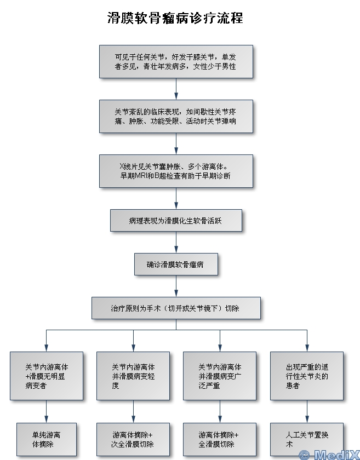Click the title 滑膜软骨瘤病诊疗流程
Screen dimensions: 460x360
tap(175, 18)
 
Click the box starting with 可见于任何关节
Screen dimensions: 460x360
tap(176, 61)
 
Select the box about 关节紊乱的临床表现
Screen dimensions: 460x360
tap(176, 116)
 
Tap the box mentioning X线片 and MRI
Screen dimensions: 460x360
tap(176, 171)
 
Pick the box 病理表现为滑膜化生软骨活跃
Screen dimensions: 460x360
tap(176, 221)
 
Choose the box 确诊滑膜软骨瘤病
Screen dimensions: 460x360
tap(176, 264)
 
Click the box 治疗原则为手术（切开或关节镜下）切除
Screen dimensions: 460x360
tap(176, 308)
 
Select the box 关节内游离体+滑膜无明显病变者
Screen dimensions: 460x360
tap(47, 376)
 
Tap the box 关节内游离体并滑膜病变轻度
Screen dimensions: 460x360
tap(133, 376)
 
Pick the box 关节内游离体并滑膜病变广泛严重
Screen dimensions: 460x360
tap(220, 376)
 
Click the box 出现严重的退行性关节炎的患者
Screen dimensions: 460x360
tap(307, 376)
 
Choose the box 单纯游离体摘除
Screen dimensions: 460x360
tap(47, 439)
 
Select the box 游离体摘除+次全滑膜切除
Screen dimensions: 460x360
tap(133, 439)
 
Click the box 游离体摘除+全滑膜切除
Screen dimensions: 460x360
tap(220, 439)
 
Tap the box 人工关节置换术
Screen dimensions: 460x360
tap(307, 439)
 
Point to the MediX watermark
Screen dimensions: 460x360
tap(328, 454)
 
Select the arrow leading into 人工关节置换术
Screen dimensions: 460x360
tap(307, 412)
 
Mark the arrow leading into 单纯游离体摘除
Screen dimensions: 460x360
tap(47, 412)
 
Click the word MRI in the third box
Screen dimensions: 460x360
tap(139, 176)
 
